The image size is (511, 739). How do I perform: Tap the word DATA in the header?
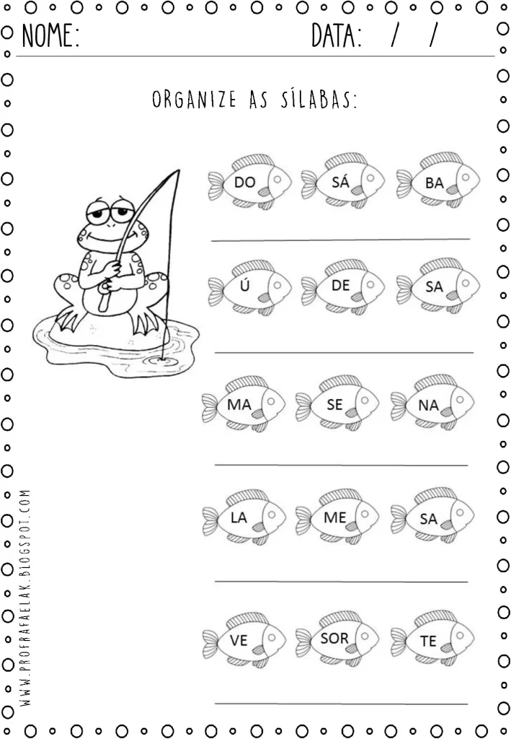[x=337, y=35]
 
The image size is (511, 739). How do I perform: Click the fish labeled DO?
[x=249, y=182]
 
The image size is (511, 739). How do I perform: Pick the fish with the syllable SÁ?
[x=343, y=182]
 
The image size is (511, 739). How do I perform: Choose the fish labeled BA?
[x=437, y=182]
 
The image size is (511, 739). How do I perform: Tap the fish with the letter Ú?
[x=249, y=287]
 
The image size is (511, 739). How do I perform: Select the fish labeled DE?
[x=343, y=287]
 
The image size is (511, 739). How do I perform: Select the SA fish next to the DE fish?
[x=437, y=287]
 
